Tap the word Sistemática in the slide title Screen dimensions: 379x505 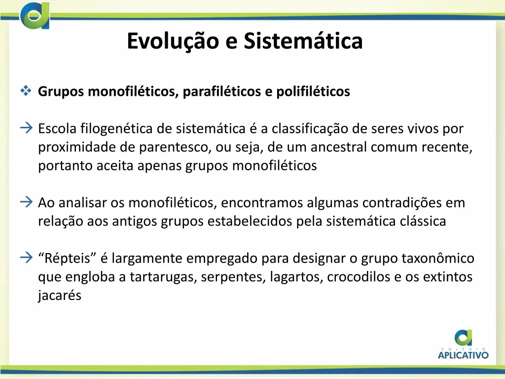[303, 41]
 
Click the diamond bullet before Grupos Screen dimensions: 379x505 [26, 91]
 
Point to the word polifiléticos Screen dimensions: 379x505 [313, 92]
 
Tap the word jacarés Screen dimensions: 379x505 [59, 296]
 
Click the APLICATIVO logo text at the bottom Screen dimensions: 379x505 [464, 354]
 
